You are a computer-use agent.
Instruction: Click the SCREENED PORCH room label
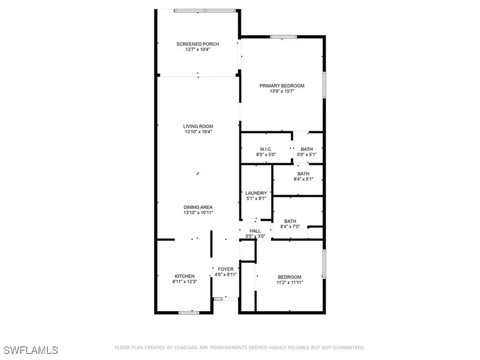click(x=197, y=44)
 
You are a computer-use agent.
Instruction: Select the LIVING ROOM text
click(x=198, y=126)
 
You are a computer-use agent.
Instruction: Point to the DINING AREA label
click(x=198, y=207)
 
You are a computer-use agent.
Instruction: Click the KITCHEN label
click(x=184, y=276)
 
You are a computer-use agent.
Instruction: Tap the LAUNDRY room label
click(x=256, y=193)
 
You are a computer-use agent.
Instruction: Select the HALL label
click(x=255, y=231)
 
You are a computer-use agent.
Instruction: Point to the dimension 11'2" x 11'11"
click(x=289, y=283)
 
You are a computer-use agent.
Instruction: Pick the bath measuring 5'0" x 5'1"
click(x=307, y=151)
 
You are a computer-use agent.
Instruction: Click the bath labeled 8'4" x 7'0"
click(x=290, y=224)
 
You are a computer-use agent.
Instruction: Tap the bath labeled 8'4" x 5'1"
click(x=303, y=176)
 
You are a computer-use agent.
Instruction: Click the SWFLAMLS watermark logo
click(x=31, y=350)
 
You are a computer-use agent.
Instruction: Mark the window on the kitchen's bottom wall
click(x=189, y=313)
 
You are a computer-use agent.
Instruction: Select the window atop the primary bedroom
click(x=283, y=37)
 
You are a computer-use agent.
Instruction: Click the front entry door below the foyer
click(x=225, y=298)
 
